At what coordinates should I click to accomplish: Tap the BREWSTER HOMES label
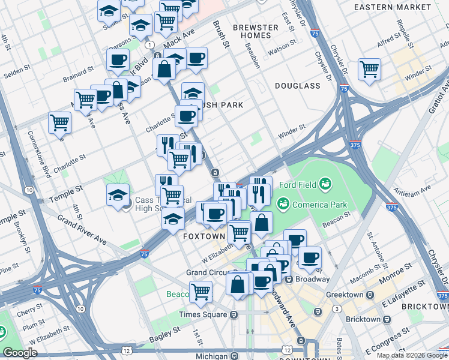[256, 31]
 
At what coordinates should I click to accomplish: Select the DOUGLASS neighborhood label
[298, 86]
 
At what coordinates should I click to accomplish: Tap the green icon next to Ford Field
[325, 182]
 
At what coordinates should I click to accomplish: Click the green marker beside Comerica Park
[282, 205]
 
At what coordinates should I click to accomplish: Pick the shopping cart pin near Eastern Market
[369, 68]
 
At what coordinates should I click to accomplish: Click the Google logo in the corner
[20, 353]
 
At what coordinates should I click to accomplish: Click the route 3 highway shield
[338, 308]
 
